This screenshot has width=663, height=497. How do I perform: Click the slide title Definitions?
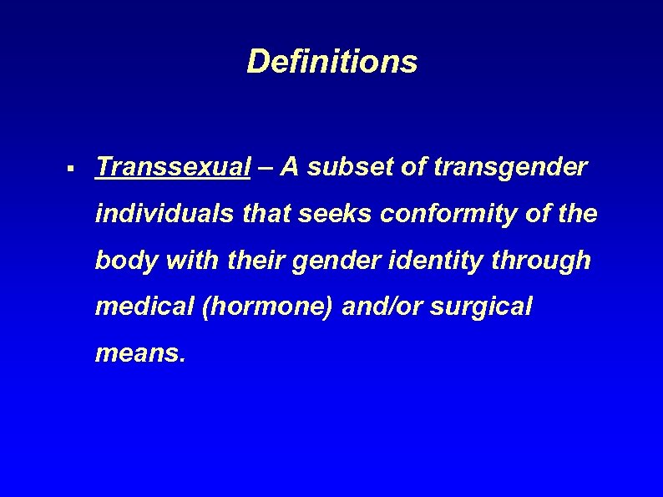pyautogui.click(x=331, y=61)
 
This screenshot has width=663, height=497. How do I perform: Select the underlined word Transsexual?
pyautogui.click(x=173, y=167)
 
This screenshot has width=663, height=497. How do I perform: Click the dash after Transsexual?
pyautogui.click(x=265, y=168)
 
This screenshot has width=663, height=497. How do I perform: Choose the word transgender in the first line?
pyautogui.click(x=511, y=167)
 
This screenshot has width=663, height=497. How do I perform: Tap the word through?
pyautogui.click(x=541, y=261)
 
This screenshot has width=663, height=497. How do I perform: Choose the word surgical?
pyautogui.click(x=481, y=307)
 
